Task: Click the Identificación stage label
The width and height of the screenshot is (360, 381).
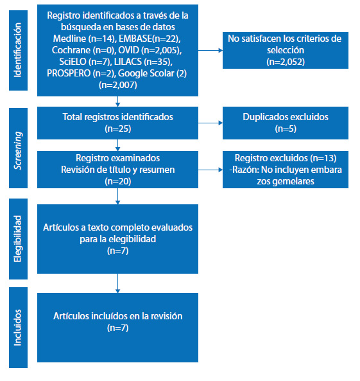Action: coord(18,50)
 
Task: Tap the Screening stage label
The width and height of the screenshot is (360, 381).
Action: coord(18,150)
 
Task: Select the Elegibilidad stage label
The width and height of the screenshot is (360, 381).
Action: coord(18,239)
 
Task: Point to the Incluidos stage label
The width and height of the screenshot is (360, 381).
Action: coord(18,328)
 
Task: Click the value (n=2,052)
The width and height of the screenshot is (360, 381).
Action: coord(286,62)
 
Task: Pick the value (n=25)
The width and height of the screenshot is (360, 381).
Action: coord(117,128)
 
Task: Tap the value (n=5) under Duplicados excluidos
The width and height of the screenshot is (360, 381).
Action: coord(286,128)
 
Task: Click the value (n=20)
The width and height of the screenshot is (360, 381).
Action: coord(117,181)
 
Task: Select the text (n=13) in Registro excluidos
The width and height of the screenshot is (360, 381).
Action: coord(323,158)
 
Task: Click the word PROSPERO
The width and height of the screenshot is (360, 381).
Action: coord(69,73)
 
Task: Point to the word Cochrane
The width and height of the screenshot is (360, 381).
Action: coord(71,50)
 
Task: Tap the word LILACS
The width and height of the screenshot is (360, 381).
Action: coord(128,62)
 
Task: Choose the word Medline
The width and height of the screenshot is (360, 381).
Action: coord(69,39)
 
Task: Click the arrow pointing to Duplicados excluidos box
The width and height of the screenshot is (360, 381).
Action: coord(210,123)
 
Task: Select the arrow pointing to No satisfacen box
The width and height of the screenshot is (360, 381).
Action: coord(210,50)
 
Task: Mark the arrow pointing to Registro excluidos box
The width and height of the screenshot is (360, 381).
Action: coord(210,170)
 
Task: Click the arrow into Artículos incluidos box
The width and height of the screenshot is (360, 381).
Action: coord(117,283)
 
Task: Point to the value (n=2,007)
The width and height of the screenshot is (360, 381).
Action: coord(117,85)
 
